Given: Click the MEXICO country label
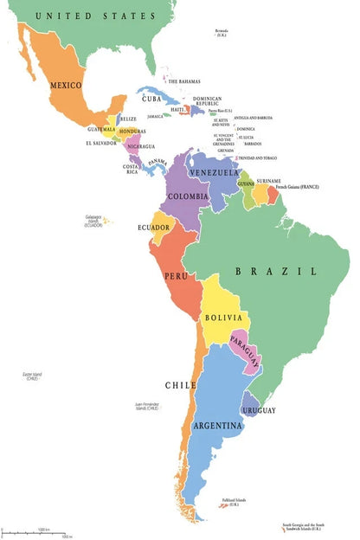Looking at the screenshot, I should [x=66, y=85].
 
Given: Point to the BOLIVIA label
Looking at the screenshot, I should [x=223, y=318].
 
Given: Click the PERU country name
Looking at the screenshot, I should [x=176, y=276].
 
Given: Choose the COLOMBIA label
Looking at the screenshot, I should [x=188, y=196].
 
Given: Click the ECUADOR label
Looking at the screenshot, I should [x=153, y=228].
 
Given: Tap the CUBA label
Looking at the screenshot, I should [x=152, y=99].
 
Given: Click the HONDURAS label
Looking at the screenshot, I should [x=132, y=132].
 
